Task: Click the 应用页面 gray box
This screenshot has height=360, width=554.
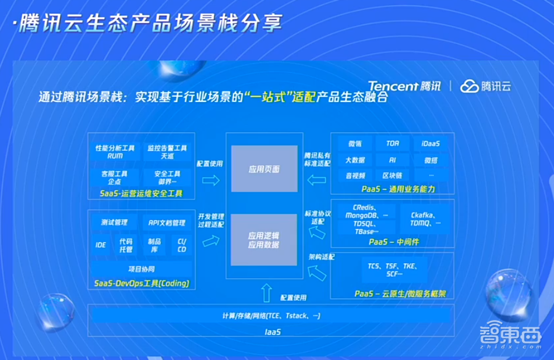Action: pos(264,169)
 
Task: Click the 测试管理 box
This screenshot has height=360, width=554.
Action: pos(115,223)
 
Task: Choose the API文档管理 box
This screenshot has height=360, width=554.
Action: pos(167,223)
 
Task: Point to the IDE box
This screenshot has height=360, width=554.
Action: pos(101,245)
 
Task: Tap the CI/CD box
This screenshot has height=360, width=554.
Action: pos(182,245)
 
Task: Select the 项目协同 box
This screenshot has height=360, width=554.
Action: pos(142,269)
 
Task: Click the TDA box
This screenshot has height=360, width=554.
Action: pos(392,143)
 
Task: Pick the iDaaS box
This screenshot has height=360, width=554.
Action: pos(431,143)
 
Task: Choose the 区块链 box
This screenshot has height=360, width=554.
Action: pos(392,175)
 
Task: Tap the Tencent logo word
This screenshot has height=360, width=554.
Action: pos(393,86)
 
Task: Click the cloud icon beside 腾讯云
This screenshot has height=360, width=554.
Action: pos(469,86)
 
